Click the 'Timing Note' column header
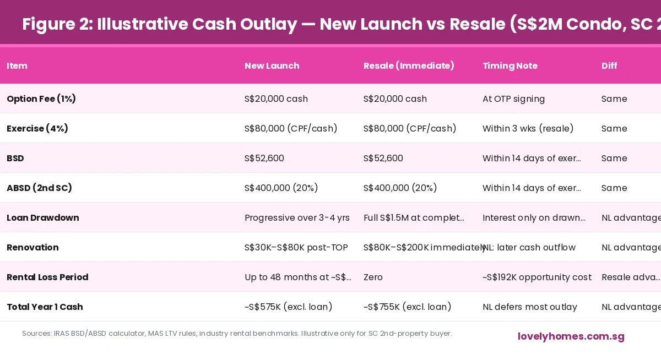click(x=510, y=66)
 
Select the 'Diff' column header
click(x=609, y=66)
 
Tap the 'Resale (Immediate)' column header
click(x=409, y=66)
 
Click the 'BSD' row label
click(x=15, y=159)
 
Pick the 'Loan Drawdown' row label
click(x=43, y=218)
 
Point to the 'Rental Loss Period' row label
click(x=47, y=277)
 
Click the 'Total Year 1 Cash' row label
click(x=45, y=307)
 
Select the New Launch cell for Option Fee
click(x=276, y=99)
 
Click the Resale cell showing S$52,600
click(x=383, y=159)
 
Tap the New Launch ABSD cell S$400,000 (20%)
click(x=281, y=188)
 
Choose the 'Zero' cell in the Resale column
click(x=373, y=277)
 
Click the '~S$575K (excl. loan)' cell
click(x=288, y=307)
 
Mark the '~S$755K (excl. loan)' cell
click(x=407, y=307)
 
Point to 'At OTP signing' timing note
click(x=513, y=99)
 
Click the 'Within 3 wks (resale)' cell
click(x=528, y=129)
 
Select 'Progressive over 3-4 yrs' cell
click(x=297, y=218)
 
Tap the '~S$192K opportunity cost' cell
click(x=537, y=277)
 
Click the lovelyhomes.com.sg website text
click(x=571, y=336)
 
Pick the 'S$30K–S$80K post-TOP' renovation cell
click(x=296, y=248)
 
